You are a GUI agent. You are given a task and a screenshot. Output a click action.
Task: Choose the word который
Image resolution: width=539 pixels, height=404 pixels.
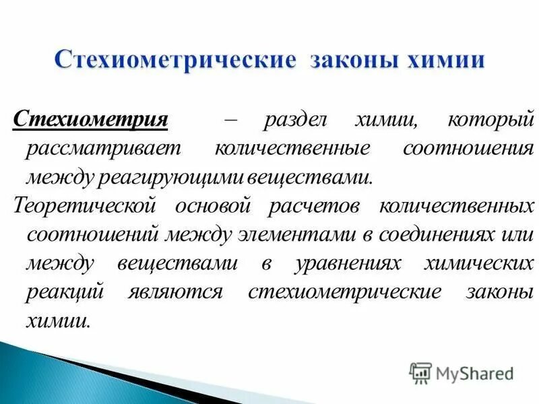[481, 121]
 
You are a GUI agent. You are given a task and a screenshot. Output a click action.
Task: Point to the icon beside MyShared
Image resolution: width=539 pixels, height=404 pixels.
[420, 372]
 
